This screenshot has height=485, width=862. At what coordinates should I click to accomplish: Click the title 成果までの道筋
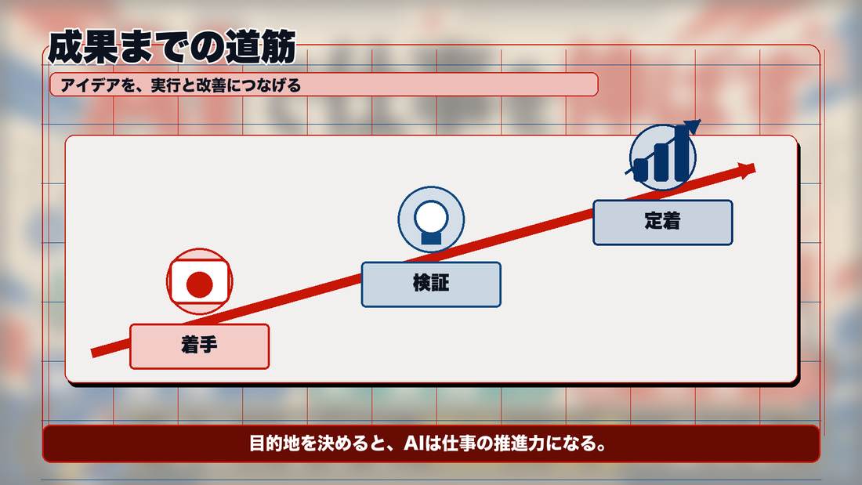pos(172,47)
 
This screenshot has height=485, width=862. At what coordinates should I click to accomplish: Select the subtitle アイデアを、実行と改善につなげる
pos(181,85)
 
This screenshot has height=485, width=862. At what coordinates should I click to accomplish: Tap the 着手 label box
pos(200,346)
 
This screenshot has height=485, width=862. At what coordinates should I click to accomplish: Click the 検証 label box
pos(431,284)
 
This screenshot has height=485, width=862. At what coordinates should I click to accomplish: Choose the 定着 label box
pos(662,223)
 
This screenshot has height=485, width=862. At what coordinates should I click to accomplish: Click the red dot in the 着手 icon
pos(200,285)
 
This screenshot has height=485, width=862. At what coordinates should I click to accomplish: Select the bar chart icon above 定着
pos(664,156)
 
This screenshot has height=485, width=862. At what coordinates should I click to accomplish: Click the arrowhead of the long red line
pos(748,171)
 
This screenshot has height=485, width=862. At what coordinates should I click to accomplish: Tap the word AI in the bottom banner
pos(414,443)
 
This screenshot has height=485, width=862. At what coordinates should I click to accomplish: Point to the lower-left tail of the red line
pos(92,353)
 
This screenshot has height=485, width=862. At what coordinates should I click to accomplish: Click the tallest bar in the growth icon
pos(682,154)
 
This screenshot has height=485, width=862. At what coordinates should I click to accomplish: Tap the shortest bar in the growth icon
pos(641,170)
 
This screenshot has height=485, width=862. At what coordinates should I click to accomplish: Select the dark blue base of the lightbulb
pos(431,238)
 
